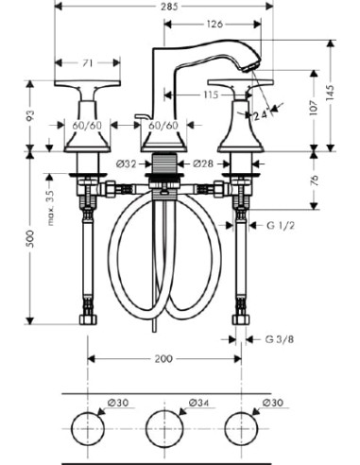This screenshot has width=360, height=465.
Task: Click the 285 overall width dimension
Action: point(170,7)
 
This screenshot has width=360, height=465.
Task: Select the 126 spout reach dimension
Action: point(214,24)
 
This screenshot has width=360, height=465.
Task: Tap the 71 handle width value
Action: point(88,63)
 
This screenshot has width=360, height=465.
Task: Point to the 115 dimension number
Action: point(211,95)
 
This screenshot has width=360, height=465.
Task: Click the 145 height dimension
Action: point(330,93)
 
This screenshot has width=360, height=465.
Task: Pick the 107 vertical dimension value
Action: point(314,108)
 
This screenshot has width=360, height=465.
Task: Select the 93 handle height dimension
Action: point(30,115)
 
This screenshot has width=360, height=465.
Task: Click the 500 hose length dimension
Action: point(30,238)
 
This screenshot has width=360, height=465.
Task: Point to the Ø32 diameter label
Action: point(126,164)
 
